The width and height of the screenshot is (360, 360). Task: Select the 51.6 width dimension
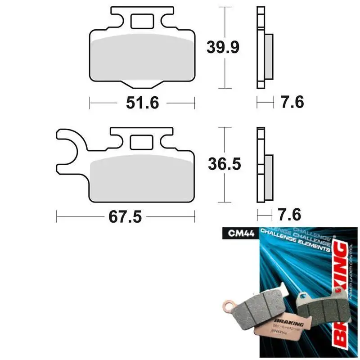pos(142,103)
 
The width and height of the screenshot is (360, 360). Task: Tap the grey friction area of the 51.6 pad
pos(142,58)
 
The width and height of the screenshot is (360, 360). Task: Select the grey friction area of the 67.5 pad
pos(142,180)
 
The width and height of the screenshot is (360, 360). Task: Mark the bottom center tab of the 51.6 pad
pos(142,84)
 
